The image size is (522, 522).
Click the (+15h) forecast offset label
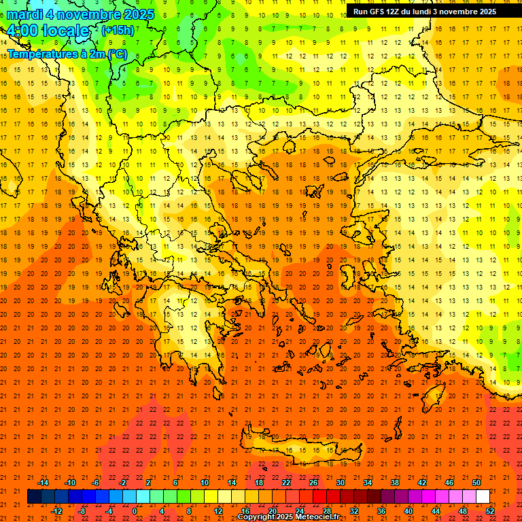117,31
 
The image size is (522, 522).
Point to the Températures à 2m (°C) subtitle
67,53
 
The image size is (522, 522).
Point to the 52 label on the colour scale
491,511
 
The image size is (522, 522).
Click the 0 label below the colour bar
135,511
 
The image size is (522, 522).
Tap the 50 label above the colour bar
476,483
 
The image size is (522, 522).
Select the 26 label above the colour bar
313,483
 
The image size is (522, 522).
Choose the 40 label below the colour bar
408,511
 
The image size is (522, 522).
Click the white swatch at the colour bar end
483,497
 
